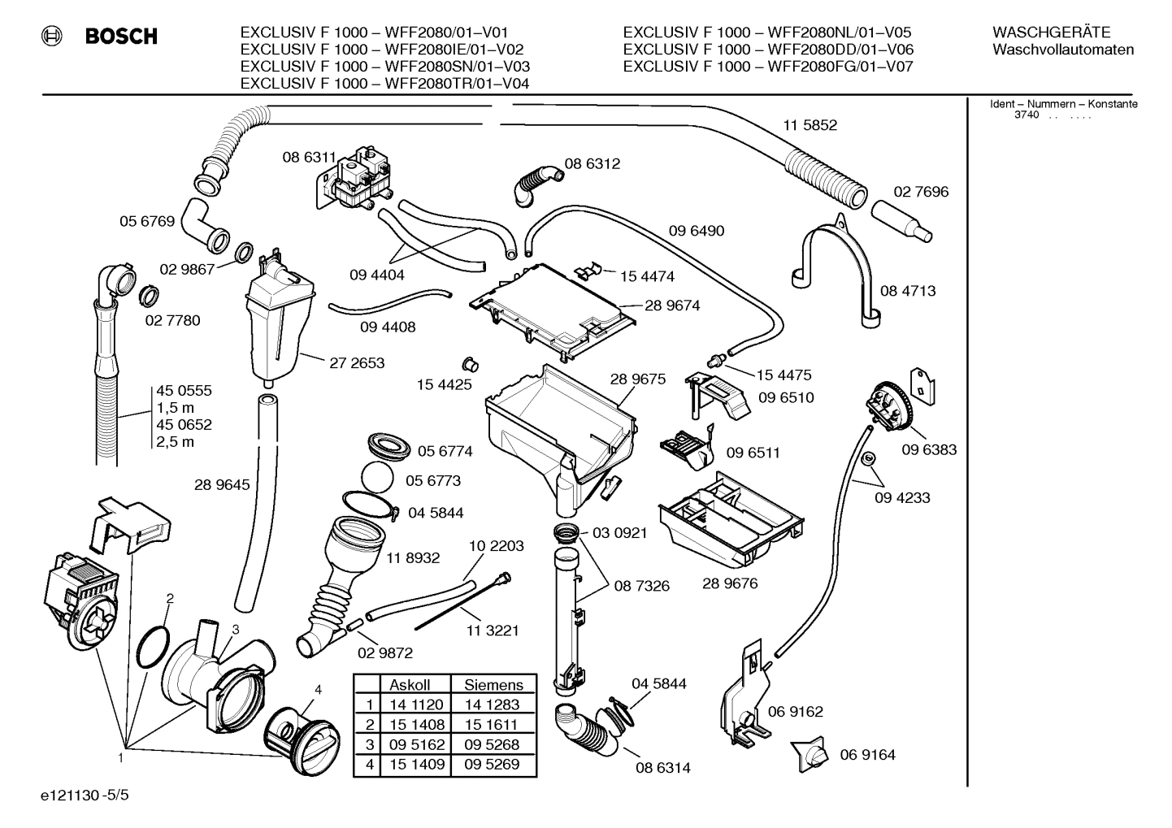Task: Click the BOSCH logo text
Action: [120, 36]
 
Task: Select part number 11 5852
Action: [810, 125]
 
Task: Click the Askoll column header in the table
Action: [410, 685]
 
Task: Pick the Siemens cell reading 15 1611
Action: [492, 725]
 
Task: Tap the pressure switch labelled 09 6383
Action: [888, 406]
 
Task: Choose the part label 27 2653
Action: [357, 363]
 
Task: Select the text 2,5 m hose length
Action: [176, 442]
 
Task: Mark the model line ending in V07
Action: [768, 67]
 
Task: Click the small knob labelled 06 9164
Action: [810, 755]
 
